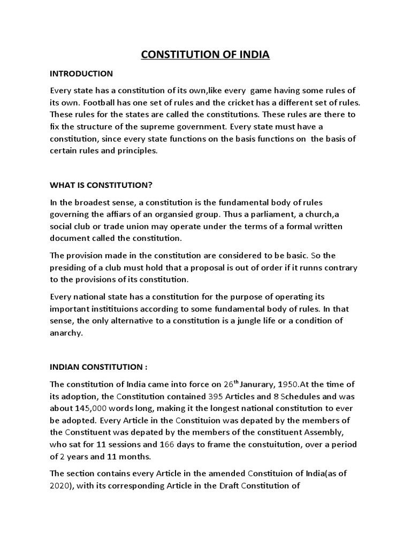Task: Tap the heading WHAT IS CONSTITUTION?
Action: coord(101,185)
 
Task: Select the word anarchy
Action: coord(66,333)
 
